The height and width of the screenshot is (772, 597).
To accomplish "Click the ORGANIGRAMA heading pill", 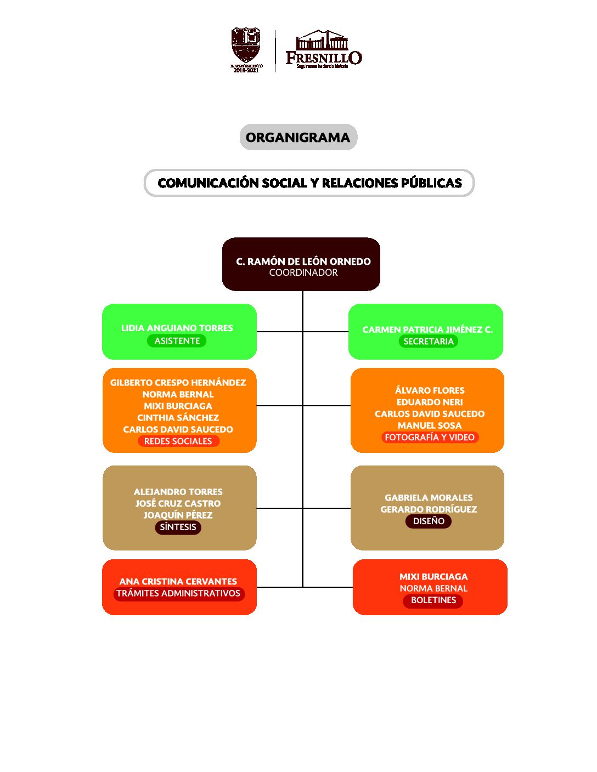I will point(298,138).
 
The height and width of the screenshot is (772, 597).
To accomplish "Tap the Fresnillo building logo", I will point(323,49).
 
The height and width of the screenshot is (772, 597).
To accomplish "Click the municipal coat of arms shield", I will point(245,47).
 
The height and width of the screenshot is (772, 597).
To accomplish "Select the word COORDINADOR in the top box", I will point(303,273).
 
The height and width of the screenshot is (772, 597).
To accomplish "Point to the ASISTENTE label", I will point(177,341).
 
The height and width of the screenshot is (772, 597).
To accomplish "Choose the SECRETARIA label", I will point(428,342).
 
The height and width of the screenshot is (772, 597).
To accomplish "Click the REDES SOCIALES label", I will point(178,441).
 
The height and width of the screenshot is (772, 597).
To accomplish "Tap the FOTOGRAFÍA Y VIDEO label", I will point(430,438).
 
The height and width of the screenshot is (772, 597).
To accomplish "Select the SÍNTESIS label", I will point(178,527).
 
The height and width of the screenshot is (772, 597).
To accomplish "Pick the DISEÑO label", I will point(429,521).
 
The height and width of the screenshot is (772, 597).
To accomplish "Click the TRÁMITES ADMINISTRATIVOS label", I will point(178,593).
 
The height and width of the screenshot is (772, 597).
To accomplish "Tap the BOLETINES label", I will point(433,600).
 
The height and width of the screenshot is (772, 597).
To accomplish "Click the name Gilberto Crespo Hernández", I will point(178,383).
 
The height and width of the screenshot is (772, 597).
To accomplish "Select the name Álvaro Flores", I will point(430,390).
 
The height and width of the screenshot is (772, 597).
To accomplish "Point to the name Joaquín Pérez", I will point(178,515).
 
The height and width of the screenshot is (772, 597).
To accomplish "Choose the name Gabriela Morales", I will point(429,498).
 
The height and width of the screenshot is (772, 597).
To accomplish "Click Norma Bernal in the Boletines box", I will point(433,588).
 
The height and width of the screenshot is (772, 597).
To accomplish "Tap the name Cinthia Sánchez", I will point(178,418).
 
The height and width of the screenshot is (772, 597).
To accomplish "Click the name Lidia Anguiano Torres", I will point(177,328).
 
